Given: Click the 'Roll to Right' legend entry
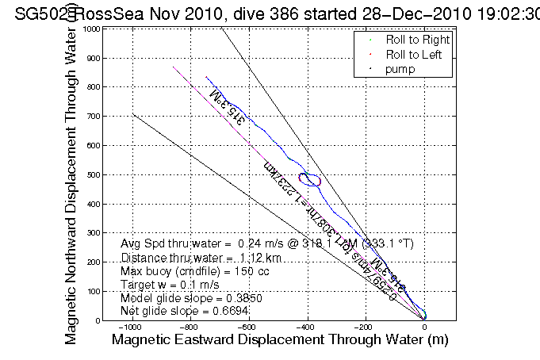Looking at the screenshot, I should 417,40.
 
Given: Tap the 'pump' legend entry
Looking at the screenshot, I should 401,70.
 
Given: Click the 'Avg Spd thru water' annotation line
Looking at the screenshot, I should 266,243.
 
